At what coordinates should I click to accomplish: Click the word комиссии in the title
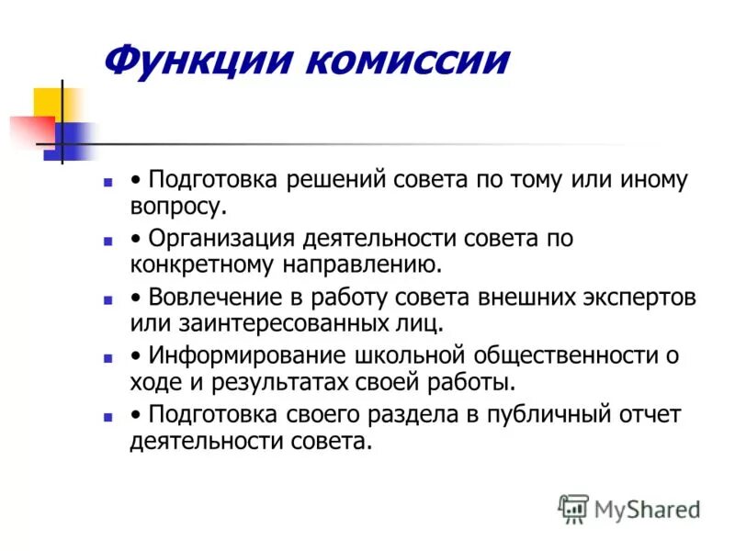[404, 62]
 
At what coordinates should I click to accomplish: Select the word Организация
[222, 239]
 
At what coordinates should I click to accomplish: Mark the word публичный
[545, 415]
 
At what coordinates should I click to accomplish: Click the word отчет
[649, 415]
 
